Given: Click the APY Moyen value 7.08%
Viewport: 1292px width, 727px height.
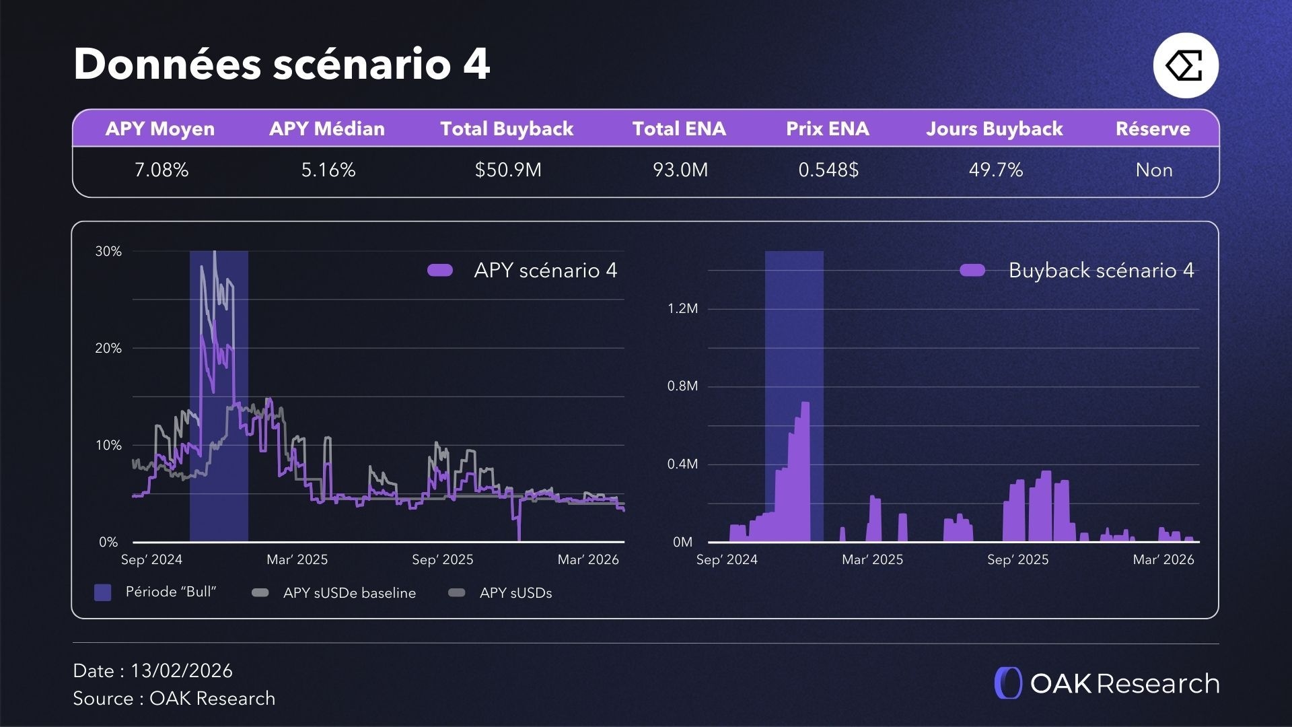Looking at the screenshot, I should (x=161, y=170).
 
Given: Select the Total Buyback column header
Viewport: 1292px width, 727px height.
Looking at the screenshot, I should (x=507, y=129).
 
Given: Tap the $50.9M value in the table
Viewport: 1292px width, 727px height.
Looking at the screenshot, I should (x=508, y=170).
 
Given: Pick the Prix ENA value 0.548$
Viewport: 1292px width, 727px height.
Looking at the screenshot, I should (x=828, y=170).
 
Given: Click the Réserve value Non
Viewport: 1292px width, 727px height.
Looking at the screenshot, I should (x=1153, y=170).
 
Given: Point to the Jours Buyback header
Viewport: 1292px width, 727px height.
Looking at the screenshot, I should (x=994, y=129).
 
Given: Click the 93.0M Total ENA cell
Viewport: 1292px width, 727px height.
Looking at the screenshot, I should (x=680, y=170).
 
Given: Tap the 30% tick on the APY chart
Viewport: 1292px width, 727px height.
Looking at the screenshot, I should (x=108, y=252).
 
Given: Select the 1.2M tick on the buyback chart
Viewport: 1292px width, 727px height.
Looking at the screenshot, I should (x=682, y=309).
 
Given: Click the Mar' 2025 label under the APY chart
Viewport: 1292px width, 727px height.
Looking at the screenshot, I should (x=297, y=559).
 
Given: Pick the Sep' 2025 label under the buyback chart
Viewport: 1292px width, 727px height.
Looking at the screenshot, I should (x=1017, y=559).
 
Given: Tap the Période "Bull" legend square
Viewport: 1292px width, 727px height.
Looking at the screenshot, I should (x=103, y=592).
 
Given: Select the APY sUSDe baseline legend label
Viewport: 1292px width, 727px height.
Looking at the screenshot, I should (x=349, y=593).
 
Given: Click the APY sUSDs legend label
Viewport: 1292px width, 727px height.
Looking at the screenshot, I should (x=515, y=593).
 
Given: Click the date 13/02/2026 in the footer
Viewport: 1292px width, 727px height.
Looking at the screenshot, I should (x=181, y=670).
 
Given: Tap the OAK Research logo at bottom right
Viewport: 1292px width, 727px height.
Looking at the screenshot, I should (x=1107, y=683).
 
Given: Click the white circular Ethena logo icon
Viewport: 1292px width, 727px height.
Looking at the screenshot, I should (x=1186, y=66).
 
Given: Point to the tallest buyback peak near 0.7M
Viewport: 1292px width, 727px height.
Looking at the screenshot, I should (x=805, y=404).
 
